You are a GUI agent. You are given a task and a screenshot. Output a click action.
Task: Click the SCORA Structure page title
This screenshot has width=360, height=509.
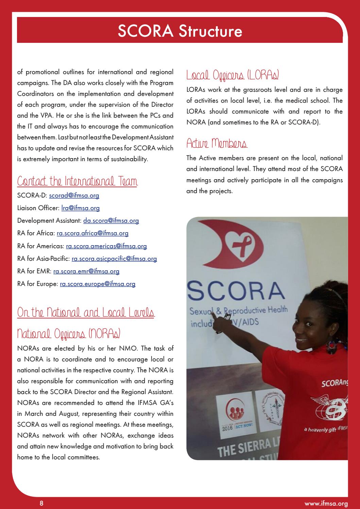point(180,31)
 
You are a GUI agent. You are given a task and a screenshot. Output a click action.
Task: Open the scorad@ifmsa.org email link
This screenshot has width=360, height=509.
point(74,196)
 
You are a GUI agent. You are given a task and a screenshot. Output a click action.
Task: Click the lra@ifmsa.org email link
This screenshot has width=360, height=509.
point(81,208)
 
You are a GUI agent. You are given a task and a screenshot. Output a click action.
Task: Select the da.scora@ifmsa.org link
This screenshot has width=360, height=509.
point(111,221)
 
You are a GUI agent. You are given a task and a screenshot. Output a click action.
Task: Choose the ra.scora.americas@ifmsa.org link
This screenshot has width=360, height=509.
point(106,246)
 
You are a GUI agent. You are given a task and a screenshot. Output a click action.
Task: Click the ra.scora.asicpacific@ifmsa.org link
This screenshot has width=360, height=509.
point(114,259)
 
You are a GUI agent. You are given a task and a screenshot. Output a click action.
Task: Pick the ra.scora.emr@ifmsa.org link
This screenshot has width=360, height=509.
point(86,271)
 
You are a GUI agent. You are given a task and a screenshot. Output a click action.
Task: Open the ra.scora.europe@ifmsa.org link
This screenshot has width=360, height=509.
point(98,284)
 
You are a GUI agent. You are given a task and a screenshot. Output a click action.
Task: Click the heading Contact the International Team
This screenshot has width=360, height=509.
point(77,181)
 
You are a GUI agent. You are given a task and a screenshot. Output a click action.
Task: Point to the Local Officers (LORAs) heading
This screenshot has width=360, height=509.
point(233,75)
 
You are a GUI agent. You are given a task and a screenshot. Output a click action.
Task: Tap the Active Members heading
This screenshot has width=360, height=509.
point(217,143)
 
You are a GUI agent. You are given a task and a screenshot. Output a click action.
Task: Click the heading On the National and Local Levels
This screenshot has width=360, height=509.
point(86,312)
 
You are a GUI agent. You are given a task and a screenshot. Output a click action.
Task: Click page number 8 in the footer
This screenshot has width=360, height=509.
point(41,503)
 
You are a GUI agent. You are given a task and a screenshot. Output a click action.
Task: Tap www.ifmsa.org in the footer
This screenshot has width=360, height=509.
point(326,504)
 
